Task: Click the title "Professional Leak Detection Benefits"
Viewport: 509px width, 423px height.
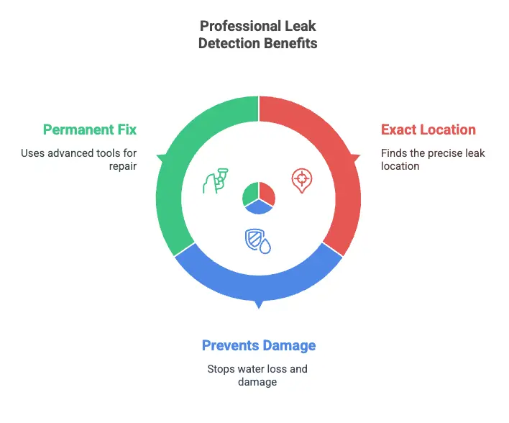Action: [258, 35]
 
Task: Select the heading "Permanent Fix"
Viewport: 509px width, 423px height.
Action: [90, 130]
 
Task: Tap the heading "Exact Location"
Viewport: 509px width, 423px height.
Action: [428, 130]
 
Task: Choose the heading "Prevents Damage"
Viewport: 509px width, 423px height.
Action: [258, 346]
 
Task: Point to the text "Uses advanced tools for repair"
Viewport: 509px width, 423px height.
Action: [79, 160]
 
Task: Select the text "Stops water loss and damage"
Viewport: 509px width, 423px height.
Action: [258, 376]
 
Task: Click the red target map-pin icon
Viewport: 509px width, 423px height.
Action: [302, 181]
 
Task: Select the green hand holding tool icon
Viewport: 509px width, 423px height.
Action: [214, 181]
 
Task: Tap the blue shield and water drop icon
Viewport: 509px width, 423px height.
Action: [258, 241]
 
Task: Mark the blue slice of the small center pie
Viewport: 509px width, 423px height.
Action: [258, 207]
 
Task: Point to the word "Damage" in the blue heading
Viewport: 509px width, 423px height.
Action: [288, 346]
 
